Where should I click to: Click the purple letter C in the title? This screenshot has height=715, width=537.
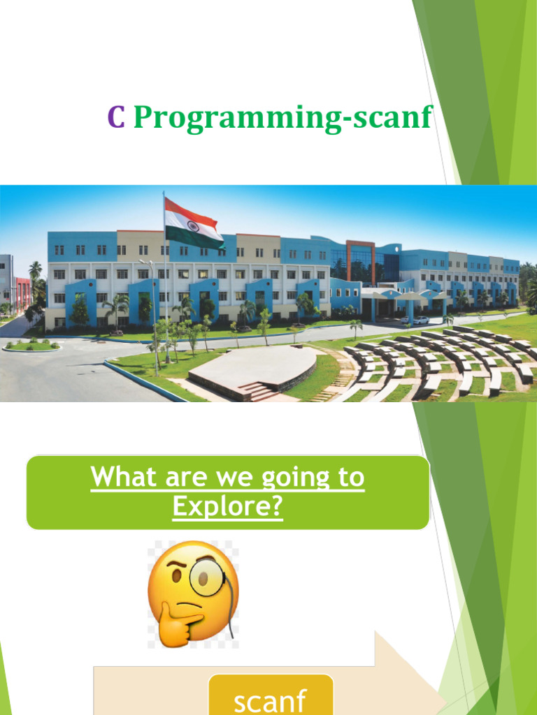[116, 117]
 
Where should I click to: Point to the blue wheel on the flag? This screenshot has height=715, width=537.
[192, 225]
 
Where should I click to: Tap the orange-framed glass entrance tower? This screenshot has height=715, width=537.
[360, 261]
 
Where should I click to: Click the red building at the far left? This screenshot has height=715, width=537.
[22, 293]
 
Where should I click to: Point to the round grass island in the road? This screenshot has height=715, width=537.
[31, 346]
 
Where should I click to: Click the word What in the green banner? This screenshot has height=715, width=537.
[123, 478]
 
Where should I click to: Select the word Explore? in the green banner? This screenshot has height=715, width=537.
[228, 506]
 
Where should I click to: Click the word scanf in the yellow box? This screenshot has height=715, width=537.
[270, 700]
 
